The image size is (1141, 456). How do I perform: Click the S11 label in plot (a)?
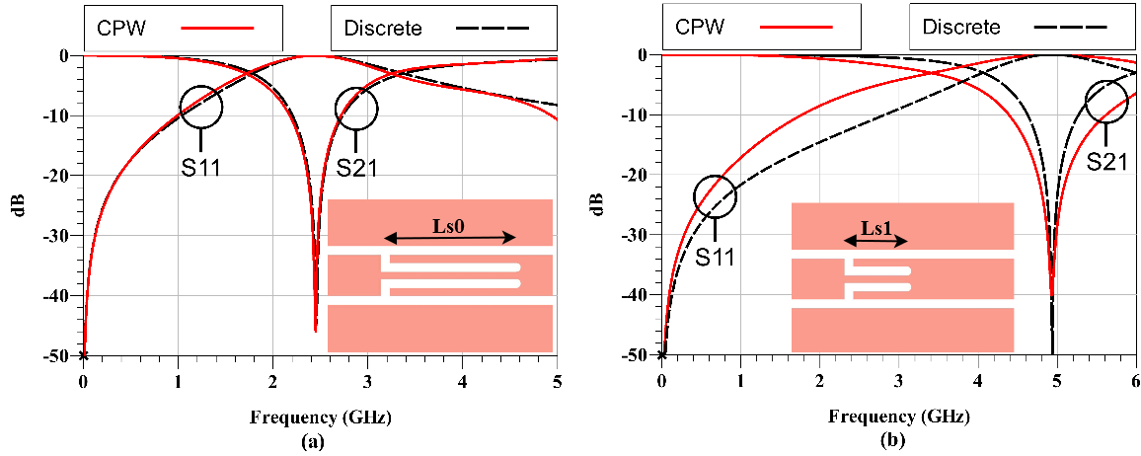tap(199, 167)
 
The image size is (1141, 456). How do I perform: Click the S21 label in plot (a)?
tap(356, 167)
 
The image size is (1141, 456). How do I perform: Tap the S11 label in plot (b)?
tap(716, 258)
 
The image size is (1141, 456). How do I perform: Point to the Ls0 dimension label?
tap(448, 225)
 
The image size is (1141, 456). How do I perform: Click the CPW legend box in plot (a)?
tap(185, 28)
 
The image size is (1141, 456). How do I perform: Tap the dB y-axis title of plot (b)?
tap(596, 203)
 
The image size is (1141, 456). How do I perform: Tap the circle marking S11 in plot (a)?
tap(200, 107)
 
